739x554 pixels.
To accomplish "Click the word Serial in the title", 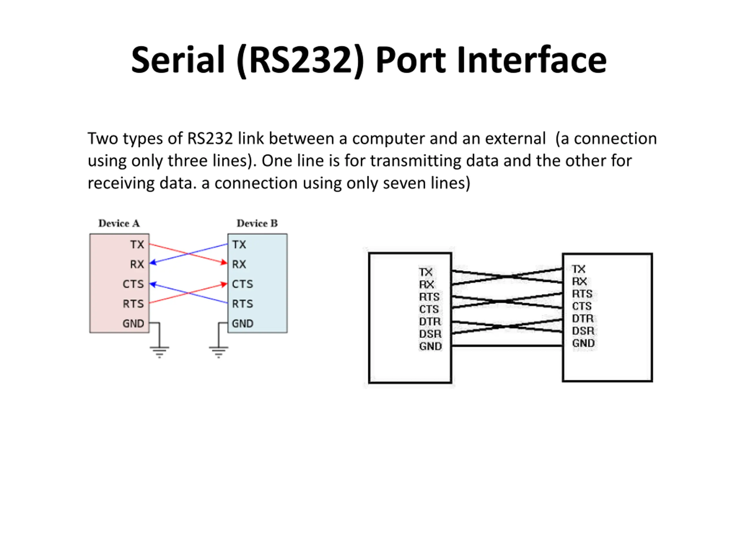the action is [x=178, y=60].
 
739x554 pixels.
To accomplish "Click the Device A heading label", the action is [x=119, y=223].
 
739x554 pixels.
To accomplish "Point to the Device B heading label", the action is [x=257, y=223].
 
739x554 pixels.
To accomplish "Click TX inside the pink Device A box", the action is [x=137, y=244].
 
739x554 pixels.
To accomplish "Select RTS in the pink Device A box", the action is [x=133, y=304].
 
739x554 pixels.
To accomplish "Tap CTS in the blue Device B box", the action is [x=242, y=284].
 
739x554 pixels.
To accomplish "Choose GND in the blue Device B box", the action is [x=242, y=323].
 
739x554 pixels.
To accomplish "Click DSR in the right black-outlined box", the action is [x=583, y=331].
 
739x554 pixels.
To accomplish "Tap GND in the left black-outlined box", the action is [x=431, y=346].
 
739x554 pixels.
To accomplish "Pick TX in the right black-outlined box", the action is [x=578, y=269].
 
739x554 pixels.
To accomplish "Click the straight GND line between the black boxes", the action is [x=507, y=346].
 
